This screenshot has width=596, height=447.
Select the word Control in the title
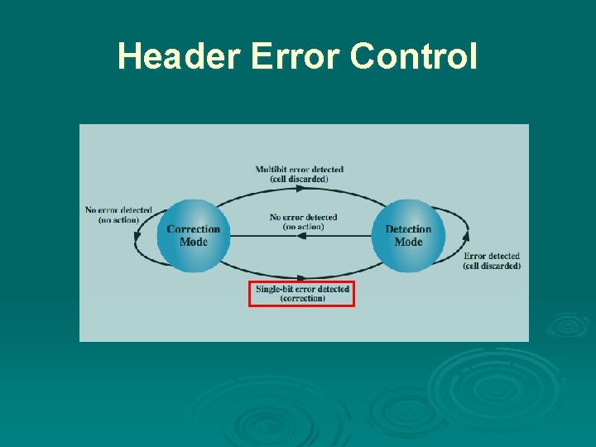(x=413, y=56)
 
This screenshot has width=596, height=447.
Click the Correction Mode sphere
(x=194, y=235)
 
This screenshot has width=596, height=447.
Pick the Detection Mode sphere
(x=408, y=235)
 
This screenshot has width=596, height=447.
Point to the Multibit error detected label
(x=299, y=170)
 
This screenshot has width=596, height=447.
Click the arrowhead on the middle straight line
(x=301, y=236)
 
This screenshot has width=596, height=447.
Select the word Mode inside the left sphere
(x=194, y=242)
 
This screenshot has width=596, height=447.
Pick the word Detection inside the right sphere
(x=408, y=229)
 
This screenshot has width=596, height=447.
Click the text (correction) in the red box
(x=302, y=299)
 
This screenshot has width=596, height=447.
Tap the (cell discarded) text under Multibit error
(x=299, y=179)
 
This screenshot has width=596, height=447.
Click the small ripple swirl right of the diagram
(x=568, y=324)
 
